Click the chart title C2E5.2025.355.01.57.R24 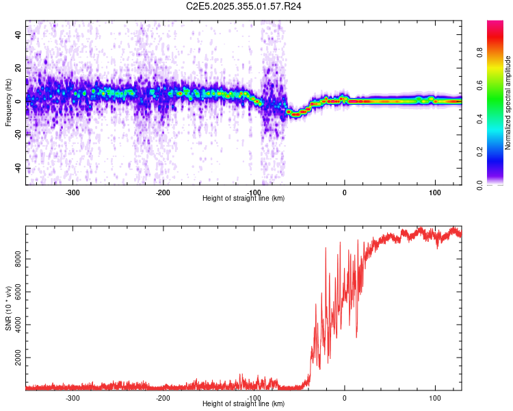coord(244,6)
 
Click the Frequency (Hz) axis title coord(8,103)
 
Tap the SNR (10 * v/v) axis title coord(8,309)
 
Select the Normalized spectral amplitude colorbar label coord(508,103)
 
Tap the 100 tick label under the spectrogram coord(435,192)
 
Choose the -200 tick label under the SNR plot coord(163,398)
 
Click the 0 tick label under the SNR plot coord(345,398)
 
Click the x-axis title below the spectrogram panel coord(244,199)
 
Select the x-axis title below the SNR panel coord(244,404)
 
